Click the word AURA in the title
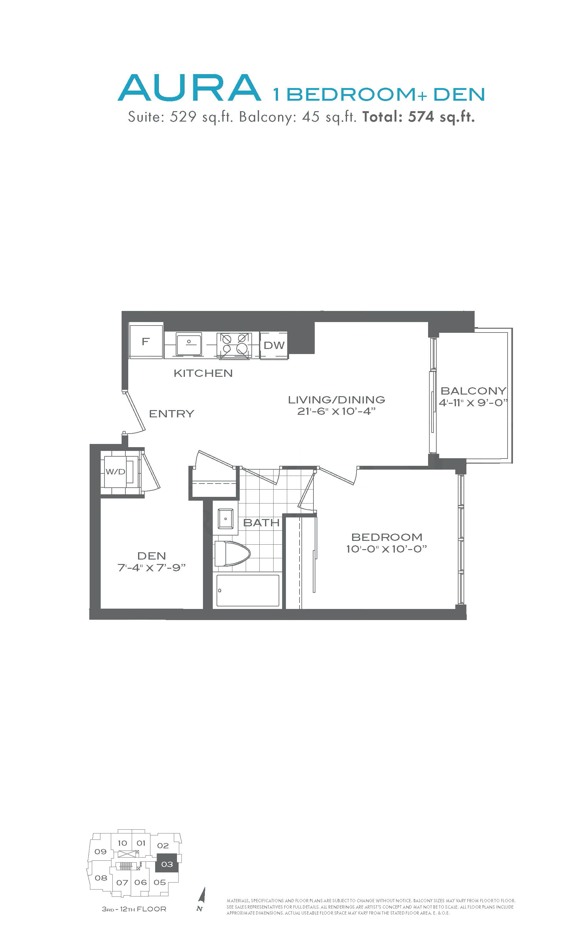189,88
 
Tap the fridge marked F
146,341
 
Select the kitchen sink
189,344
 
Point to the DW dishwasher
274,345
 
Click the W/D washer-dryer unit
120,471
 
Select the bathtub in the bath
248,590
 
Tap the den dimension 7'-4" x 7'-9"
151,567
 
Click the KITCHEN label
203,373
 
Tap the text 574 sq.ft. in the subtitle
441,117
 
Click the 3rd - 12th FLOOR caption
134,909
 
